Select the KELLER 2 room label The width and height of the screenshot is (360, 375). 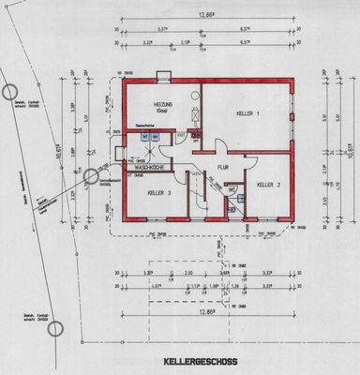coord(270,185)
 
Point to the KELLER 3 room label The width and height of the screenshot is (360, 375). coord(158,193)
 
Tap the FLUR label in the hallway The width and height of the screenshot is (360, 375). coord(224,170)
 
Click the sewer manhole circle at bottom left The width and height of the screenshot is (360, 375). coord(55,328)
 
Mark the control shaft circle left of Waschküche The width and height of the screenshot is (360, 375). coord(91,175)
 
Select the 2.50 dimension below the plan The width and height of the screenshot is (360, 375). coord(187,273)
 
